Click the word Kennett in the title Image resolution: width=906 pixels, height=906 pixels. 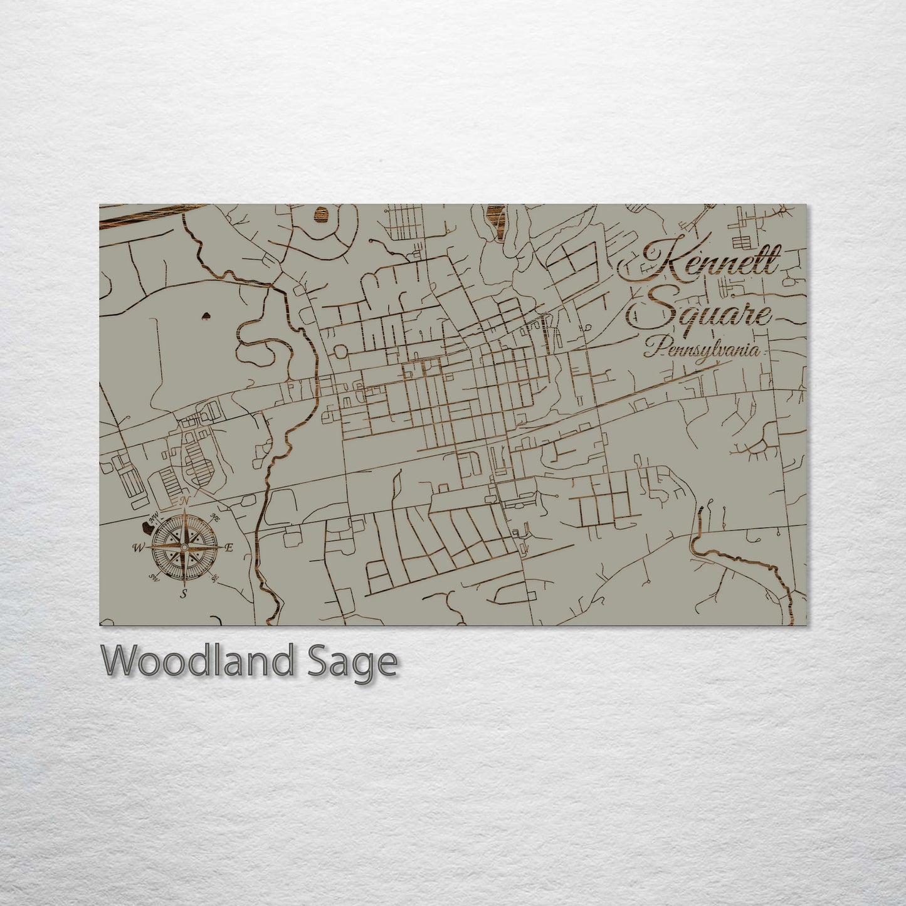(701, 265)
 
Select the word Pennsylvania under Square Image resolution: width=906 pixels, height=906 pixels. (703, 350)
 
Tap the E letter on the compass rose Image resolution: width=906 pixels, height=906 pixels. (229, 548)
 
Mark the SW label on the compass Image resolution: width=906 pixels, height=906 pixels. (152, 577)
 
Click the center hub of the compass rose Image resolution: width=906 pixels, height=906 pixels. (183, 547)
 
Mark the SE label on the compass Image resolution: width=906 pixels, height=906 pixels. (215, 577)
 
